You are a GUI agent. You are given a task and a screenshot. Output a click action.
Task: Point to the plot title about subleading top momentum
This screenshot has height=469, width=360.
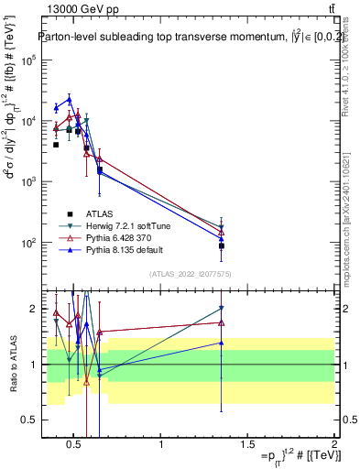[180, 38]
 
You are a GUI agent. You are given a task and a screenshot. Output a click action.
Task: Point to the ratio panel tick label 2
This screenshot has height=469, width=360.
[32, 309]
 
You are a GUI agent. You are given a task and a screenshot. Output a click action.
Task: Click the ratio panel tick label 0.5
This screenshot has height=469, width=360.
[28, 420]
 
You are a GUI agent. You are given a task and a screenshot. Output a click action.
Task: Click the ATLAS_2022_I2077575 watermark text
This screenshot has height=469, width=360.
[188, 274]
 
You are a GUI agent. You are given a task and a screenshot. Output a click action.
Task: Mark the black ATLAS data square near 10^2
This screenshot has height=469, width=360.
[221, 245]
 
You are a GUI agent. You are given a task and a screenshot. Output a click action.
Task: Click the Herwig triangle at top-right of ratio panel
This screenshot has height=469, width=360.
[221, 309]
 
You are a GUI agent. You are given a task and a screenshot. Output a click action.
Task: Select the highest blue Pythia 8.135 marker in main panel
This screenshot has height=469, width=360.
[69, 99]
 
